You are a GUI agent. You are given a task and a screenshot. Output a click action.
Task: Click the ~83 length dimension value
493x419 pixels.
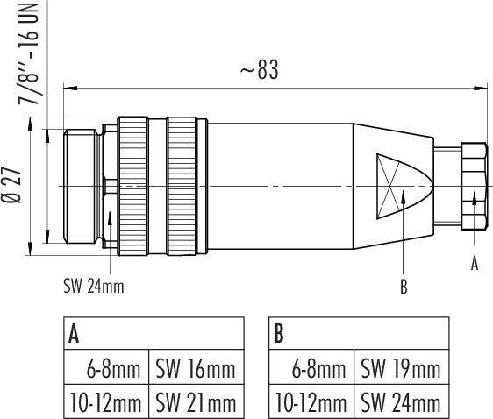[x=259, y=71]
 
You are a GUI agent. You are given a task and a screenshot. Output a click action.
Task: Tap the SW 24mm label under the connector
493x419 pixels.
[x=94, y=287]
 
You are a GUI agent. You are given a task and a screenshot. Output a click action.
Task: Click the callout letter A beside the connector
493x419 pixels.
[x=475, y=262]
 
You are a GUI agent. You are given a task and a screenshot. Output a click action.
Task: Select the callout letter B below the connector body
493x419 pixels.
[x=403, y=287]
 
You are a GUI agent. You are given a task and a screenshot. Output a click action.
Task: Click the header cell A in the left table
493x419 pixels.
[x=75, y=333]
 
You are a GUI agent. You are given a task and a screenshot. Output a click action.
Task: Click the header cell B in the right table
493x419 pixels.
[x=279, y=333]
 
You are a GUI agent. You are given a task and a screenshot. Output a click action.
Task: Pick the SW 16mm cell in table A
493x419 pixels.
[x=196, y=369]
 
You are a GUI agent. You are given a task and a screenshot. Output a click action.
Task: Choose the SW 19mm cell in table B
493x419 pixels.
[x=399, y=369]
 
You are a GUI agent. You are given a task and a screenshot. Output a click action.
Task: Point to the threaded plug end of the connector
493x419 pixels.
[x=83, y=186]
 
